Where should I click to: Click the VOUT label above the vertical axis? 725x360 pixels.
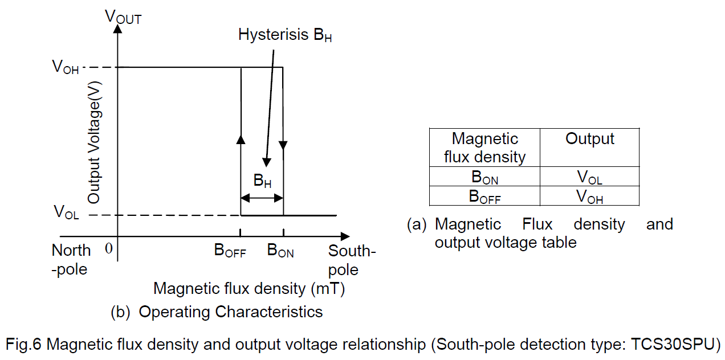coord(123,17)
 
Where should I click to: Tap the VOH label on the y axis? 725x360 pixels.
coord(65,67)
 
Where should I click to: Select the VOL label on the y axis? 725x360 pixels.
coord(66,212)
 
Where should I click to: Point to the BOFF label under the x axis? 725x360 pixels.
coord(230,251)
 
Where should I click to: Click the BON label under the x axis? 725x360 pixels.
coord(280,251)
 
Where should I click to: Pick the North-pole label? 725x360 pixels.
coord(71,259)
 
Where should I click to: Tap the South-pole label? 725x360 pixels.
coord(352,260)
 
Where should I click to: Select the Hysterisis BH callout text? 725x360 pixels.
coord(285,35)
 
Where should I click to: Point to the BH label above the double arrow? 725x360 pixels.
coord(262,182)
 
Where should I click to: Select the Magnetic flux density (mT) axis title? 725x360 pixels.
coord(249,288)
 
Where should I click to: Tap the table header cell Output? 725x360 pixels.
coord(589,139)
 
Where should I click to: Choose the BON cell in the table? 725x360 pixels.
coord(484,177)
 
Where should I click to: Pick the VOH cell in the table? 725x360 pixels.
coord(589,197)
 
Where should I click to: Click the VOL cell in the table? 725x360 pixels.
coord(589,177)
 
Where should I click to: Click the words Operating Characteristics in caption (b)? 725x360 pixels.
coord(231,312)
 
